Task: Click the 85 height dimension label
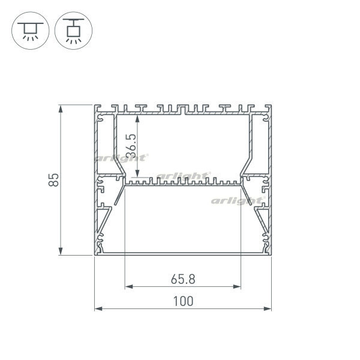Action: pos(54,180)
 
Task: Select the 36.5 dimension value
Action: pos(133,146)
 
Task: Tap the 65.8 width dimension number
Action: pos(183,280)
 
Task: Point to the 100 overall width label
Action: pos(183,301)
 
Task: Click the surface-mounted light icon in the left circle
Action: pos(31,31)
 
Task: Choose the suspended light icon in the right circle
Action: pos(73,31)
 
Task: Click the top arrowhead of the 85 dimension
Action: pos(61,109)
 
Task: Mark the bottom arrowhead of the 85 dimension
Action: pos(61,251)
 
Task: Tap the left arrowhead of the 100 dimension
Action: pos(98,309)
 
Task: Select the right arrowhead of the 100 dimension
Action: pos(268,309)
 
